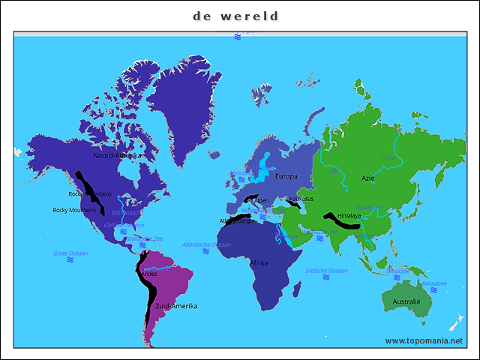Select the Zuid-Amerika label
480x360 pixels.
176,306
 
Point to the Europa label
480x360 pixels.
286,176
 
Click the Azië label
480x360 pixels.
368,178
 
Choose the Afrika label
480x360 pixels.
259,263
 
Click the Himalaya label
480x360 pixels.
349,216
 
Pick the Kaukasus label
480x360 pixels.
301,199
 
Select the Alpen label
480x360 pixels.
262,201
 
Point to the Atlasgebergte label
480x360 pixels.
237,222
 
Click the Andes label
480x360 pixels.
149,274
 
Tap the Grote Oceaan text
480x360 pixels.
70,253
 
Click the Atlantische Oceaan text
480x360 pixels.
206,244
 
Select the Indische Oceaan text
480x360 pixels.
326,271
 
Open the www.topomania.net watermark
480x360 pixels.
424,340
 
